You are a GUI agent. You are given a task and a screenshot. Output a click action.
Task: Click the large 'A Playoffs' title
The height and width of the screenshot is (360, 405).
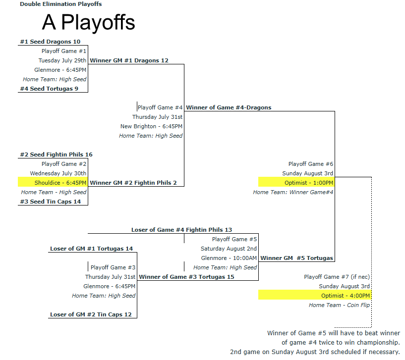[x=88, y=23]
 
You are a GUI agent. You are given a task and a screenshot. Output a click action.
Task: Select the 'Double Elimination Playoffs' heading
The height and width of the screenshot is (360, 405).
[x=61, y=4]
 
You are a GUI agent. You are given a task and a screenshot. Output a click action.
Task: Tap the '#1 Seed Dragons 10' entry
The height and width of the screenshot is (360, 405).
[x=51, y=42]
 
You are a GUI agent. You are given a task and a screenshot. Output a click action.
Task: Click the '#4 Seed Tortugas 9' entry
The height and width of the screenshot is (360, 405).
[x=50, y=89]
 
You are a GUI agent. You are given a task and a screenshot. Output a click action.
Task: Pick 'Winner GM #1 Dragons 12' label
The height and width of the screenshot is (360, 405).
[x=129, y=60]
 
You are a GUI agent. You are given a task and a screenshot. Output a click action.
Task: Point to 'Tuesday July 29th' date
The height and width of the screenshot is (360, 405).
[x=62, y=60]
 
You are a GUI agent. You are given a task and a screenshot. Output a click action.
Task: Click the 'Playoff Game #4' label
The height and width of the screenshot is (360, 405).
[x=160, y=107]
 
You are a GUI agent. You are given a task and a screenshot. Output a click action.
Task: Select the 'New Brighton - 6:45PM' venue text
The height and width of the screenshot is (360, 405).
[x=151, y=126]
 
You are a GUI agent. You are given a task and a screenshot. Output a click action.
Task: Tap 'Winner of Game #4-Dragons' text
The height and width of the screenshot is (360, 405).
[x=229, y=107]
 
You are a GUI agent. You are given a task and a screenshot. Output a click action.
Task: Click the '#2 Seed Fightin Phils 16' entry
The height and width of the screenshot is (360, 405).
[x=57, y=154]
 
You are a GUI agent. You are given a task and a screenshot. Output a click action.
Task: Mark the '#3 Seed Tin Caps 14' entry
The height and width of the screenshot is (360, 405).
[x=51, y=202]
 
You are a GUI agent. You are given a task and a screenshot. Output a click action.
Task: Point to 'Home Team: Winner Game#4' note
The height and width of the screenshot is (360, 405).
[x=293, y=192]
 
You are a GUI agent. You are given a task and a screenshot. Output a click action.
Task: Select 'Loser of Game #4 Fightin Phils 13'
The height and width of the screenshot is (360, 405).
[x=182, y=230]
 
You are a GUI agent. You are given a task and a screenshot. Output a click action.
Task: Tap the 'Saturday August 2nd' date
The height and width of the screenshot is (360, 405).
[x=229, y=249]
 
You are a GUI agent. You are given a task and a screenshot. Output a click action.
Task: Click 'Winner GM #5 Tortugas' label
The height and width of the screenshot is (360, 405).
[x=297, y=258]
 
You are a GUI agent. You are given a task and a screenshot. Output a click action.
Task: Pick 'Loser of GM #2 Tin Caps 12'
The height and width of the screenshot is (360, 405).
[x=91, y=314]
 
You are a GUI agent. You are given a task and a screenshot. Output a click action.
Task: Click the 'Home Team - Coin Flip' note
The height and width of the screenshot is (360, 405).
[x=340, y=305]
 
